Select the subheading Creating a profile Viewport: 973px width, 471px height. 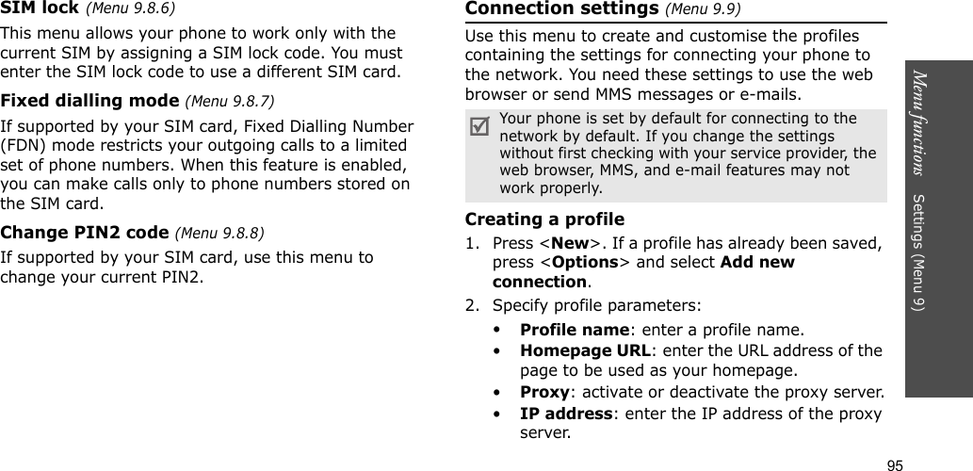[x=544, y=219]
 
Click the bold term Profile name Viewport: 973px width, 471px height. [x=575, y=330]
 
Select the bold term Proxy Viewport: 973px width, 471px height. [x=544, y=392]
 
